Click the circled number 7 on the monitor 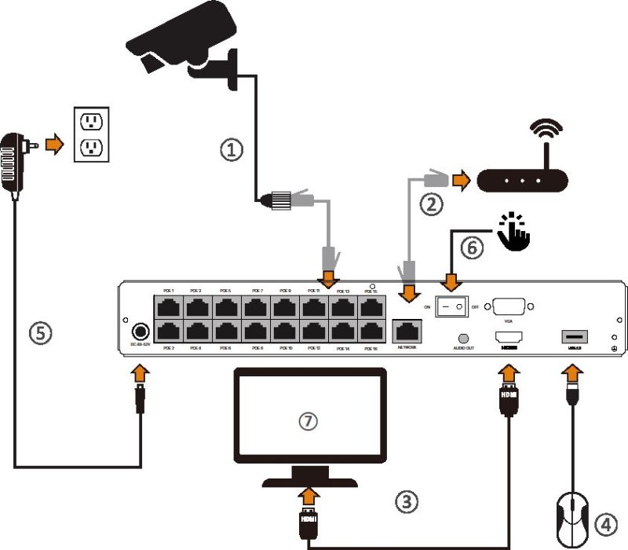pyautogui.click(x=311, y=421)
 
